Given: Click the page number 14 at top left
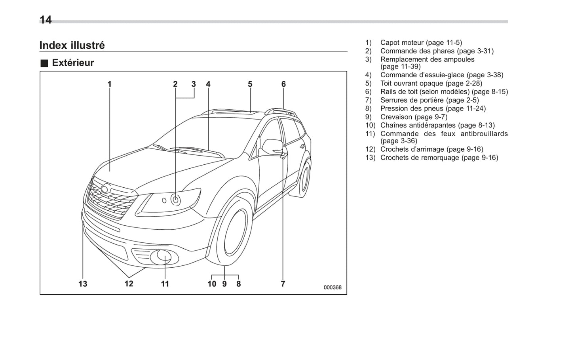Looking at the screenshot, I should [46, 20].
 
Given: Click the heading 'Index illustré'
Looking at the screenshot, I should [72, 45].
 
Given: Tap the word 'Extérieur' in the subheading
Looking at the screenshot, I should [73, 63].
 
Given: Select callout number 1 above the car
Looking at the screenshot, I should [110, 84].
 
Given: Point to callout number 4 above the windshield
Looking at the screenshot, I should [208, 84].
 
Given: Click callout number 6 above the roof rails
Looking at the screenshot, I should [283, 84].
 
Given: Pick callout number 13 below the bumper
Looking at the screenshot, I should [83, 284].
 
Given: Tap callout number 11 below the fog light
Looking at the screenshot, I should [165, 284].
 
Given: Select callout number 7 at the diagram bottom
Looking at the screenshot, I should [283, 284].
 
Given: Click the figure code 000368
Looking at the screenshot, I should [333, 288].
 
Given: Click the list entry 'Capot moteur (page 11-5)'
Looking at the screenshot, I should [421, 42].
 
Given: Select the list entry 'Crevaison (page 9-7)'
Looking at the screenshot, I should [414, 117].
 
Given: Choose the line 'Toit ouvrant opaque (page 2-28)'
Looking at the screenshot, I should [431, 83].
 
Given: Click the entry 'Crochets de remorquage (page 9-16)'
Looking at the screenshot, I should [439, 158].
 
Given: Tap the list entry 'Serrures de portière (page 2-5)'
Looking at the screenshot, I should [429, 100].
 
